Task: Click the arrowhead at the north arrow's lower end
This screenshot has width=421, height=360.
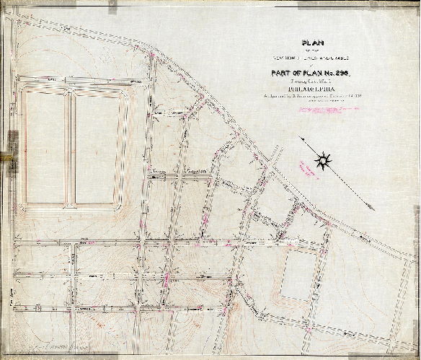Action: pyautogui.click(x=371, y=207)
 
